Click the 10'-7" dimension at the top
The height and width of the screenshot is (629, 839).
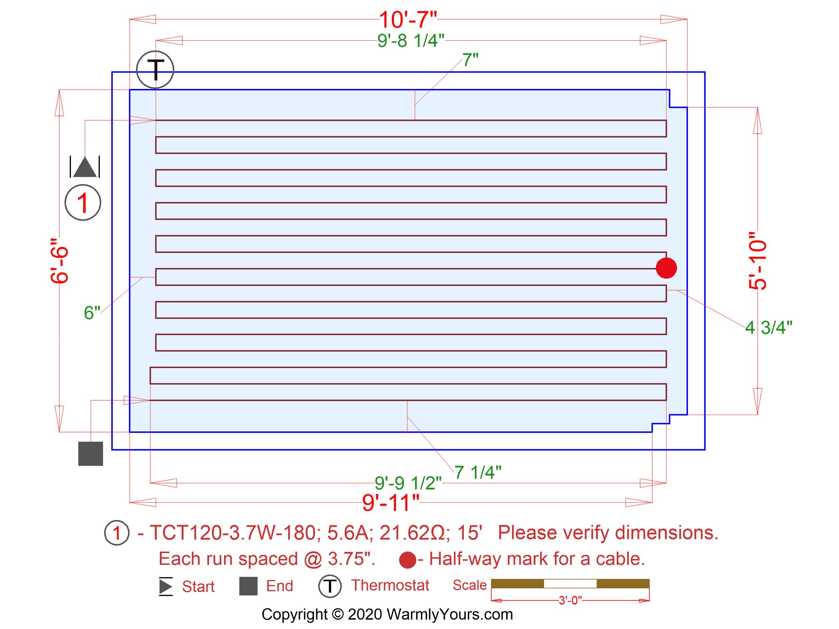(x=408, y=20)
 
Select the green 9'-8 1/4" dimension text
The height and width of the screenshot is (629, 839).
(x=411, y=41)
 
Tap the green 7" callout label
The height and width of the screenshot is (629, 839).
(x=470, y=60)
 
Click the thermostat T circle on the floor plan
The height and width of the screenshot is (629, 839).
(x=155, y=70)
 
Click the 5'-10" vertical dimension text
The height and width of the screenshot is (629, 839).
(x=758, y=261)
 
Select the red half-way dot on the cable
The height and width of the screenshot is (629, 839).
(x=666, y=268)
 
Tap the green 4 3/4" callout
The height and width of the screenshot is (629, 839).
(x=769, y=328)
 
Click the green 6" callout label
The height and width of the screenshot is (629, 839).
(x=92, y=313)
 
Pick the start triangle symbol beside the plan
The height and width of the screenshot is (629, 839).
(x=85, y=167)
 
